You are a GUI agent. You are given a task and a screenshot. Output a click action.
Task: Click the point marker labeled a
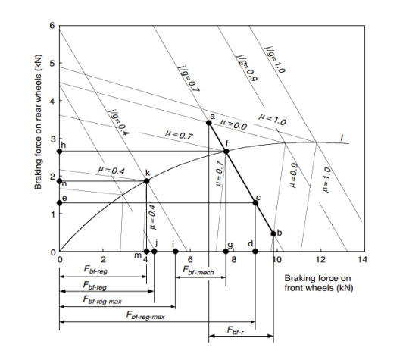(x=209, y=123)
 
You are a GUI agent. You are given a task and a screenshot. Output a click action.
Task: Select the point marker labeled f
(x=226, y=152)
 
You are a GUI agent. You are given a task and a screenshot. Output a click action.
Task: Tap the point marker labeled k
(x=146, y=181)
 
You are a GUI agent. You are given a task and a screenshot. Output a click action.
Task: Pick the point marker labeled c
(x=255, y=202)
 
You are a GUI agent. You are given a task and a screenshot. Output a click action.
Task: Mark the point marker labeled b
(x=273, y=233)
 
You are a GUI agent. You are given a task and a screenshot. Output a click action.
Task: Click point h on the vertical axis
(x=60, y=152)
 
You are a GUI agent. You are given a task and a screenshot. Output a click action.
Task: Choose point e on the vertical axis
(x=60, y=203)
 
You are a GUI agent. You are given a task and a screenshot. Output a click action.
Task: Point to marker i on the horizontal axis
(x=175, y=251)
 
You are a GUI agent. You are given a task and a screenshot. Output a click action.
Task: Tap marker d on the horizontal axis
(x=255, y=251)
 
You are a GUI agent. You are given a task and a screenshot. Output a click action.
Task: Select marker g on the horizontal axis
(x=226, y=251)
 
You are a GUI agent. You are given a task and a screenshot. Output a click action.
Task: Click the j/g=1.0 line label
(x=274, y=60)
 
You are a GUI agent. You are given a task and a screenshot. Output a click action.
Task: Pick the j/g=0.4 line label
(x=119, y=122)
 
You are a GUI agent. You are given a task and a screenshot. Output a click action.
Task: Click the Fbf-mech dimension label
(x=198, y=270)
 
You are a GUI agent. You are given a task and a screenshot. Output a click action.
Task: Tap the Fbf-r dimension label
(x=236, y=330)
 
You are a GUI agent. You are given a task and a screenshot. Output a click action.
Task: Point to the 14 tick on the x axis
(x=363, y=259)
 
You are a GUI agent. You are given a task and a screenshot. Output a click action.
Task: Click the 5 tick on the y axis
(x=52, y=63)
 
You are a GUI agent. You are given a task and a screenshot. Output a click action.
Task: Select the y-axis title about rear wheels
(x=39, y=122)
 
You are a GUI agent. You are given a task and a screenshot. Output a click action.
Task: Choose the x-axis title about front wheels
(x=318, y=283)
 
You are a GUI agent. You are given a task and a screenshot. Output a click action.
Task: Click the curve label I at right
(x=342, y=138)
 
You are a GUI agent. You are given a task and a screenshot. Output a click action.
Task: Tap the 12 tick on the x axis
(x=320, y=259)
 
